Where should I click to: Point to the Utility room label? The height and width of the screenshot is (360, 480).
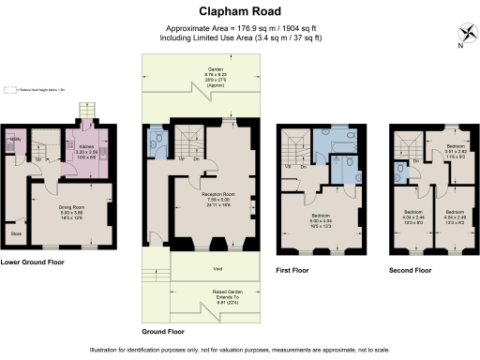[x=14, y=140]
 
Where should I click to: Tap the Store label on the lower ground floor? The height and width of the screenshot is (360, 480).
[x=16, y=233]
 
